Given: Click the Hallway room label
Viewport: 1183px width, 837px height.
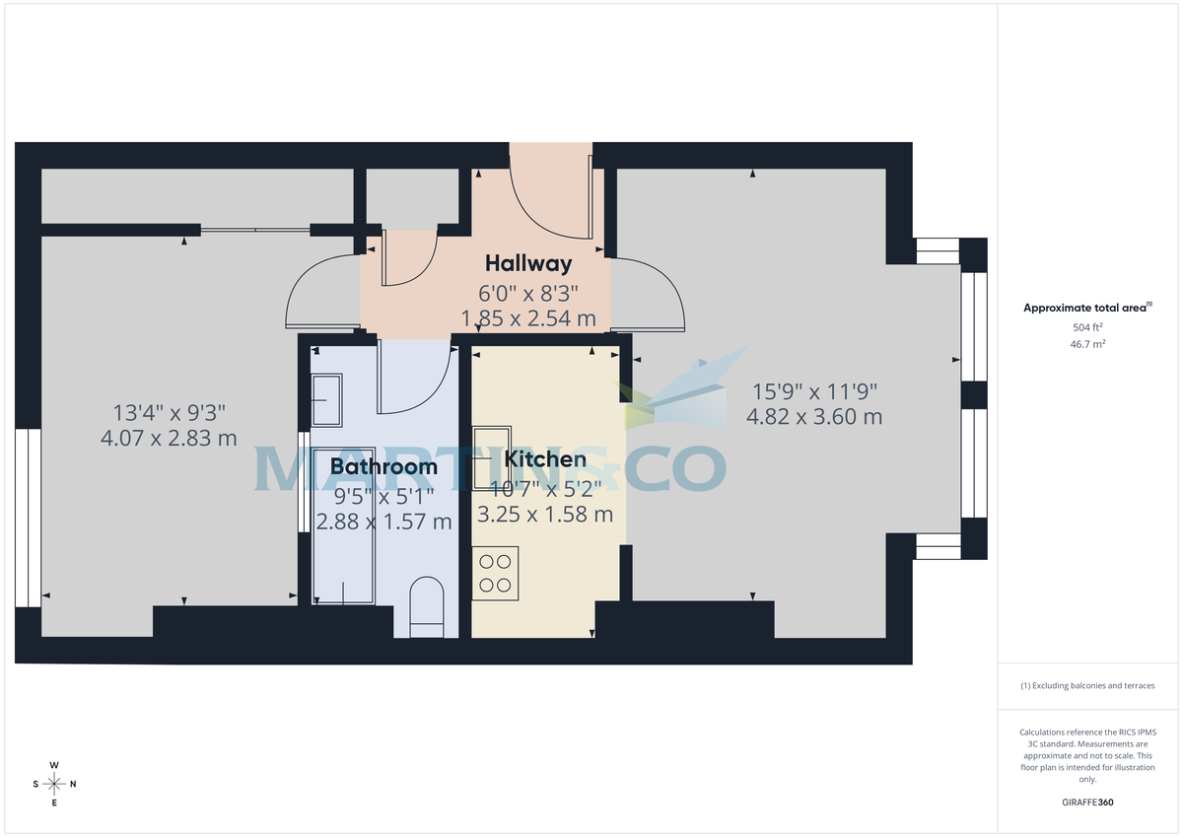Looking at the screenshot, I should [527, 263].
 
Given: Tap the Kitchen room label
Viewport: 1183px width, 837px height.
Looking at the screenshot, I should [545, 459].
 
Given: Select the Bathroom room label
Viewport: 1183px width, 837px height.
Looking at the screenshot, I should [383, 466].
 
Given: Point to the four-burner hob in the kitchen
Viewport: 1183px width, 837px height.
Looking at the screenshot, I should [495, 573].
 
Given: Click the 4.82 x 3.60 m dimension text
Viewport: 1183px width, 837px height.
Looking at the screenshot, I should [814, 417].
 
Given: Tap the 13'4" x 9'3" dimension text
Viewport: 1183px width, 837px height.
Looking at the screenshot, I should [170, 412].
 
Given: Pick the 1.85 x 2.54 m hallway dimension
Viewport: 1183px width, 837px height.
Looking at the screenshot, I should [528, 318].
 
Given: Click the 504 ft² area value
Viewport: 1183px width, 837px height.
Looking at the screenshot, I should [1087, 327].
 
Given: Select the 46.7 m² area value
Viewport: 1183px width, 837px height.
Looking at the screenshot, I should [1087, 344].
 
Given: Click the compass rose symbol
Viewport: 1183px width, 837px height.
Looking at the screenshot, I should [54, 784].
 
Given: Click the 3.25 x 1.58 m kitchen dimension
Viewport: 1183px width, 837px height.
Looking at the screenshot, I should [545, 515].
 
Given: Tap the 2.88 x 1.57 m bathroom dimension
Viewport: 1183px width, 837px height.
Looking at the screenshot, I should [383, 522].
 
